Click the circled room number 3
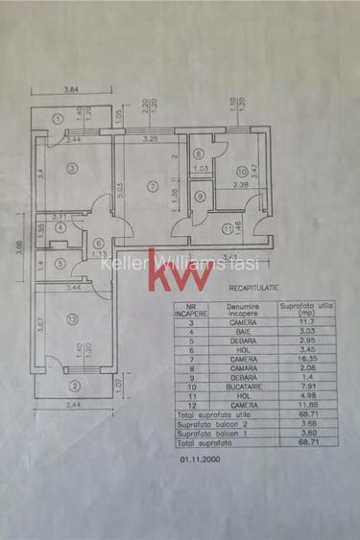(72, 166)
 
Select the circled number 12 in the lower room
(73, 317)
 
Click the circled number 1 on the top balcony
(58, 119)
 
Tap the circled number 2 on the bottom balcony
(75, 387)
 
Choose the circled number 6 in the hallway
(99, 243)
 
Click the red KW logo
(180, 269)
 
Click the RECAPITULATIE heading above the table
(256, 286)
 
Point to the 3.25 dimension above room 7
(150, 140)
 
